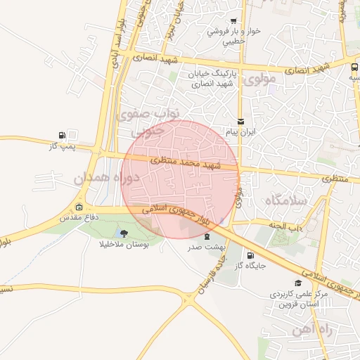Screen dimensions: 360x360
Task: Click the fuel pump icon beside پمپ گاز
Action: click(64, 135)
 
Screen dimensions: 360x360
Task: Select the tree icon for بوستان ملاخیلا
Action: click(124, 233)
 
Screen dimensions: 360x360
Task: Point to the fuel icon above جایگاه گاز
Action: click(250, 255)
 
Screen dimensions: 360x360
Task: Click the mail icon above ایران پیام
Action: click(241, 121)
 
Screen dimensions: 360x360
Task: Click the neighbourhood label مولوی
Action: click(261, 81)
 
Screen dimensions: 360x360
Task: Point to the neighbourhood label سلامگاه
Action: click(285, 201)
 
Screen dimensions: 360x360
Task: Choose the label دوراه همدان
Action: click(103, 179)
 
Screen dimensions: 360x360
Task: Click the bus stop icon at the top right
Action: click(353, 67)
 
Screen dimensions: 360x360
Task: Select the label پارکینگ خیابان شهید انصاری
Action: click(214, 78)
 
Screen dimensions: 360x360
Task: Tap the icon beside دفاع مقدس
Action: click(78, 207)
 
